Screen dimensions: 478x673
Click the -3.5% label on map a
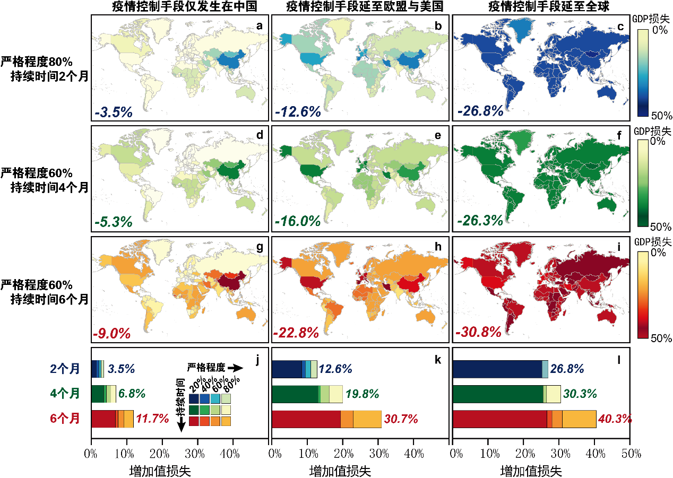coord(114,112)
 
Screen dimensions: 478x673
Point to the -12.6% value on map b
coord(298,112)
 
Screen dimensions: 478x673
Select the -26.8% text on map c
coord(480,112)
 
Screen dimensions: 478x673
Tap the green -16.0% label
coord(298,221)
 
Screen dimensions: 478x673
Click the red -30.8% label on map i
coord(479,333)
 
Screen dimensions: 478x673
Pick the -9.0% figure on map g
coord(111,334)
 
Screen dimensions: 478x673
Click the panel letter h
coord(438,246)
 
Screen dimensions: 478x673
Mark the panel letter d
coord(260,135)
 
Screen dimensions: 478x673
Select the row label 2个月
coord(65,369)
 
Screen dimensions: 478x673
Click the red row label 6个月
coord(65,419)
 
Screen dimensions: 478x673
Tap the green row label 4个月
coord(65,394)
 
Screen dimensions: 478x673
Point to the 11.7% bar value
coord(153,419)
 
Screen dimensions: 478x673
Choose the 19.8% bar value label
coord(363,394)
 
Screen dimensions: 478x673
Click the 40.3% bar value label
coord(615,419)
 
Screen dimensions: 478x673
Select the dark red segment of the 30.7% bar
coord(306,419)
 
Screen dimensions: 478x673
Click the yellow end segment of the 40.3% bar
coord(579,419)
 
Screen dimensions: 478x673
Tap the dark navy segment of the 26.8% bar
coord(497,369)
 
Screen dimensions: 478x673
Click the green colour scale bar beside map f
coord(642,183)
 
